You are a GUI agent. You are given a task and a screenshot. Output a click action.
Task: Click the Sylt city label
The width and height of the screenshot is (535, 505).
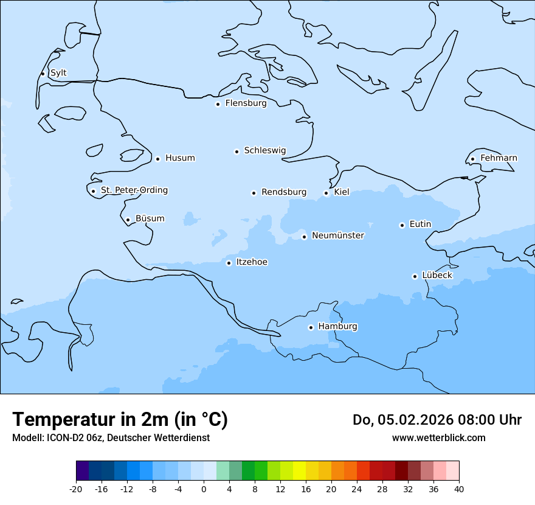(x=58, y=73)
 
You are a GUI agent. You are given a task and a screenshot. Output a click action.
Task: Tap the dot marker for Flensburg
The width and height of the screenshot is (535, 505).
(x=218, y=104)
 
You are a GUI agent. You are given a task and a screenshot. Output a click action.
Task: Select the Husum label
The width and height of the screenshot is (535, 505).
(x=180, y=158)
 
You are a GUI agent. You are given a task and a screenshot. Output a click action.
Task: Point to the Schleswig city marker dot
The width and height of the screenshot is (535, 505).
(x=236, y=151)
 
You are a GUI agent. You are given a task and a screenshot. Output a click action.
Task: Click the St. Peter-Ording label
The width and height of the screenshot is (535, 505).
(x=134, y=190)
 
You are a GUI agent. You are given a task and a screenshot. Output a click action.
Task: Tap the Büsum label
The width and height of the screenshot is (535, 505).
(x=150, y=218)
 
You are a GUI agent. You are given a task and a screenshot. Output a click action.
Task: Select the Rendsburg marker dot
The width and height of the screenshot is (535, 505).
(x=254, y=193)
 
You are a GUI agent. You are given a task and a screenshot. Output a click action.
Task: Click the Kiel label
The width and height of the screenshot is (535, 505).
(x=342, y=192)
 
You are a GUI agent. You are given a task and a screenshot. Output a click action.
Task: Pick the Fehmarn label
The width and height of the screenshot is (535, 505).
(x=499, y=158)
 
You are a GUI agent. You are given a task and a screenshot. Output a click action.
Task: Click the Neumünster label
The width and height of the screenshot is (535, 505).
(x=337, y=235)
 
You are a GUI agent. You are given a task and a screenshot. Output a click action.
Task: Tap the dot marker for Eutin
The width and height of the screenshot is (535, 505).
(x=402, y=225)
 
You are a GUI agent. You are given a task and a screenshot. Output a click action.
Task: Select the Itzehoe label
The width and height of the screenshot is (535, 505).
(x=252, y=262)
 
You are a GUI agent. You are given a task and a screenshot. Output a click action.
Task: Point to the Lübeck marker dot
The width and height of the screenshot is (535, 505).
(x=415, y=276)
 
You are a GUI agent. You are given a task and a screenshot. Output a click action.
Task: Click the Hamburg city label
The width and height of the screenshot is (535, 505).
(x=337, y=327)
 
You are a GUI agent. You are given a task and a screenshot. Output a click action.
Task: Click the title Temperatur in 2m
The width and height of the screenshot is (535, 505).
(x=120, y=420)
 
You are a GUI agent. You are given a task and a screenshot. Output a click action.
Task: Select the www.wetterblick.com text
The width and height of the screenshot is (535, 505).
(x=438, y=438)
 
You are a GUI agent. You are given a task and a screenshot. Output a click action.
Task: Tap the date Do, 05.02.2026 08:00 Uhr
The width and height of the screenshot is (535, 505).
(x=437, y=420)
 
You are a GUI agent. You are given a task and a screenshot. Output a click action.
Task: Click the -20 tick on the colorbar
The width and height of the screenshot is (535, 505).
(x=76, y=489)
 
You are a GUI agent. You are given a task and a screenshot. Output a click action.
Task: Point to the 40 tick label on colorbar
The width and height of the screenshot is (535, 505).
(x=459, y=489)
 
